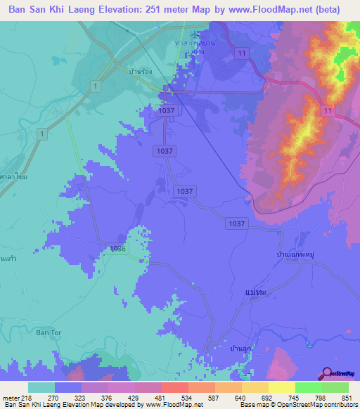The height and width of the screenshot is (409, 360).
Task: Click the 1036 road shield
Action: tap(117, 249)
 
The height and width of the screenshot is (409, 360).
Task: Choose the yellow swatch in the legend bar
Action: tap(281, 387)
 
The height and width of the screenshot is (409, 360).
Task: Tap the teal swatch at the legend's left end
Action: tap(41, 387)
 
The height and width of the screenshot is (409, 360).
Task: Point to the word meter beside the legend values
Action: tap(10, 398)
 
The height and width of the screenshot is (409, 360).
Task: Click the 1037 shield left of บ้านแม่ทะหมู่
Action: tap(236, 223)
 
